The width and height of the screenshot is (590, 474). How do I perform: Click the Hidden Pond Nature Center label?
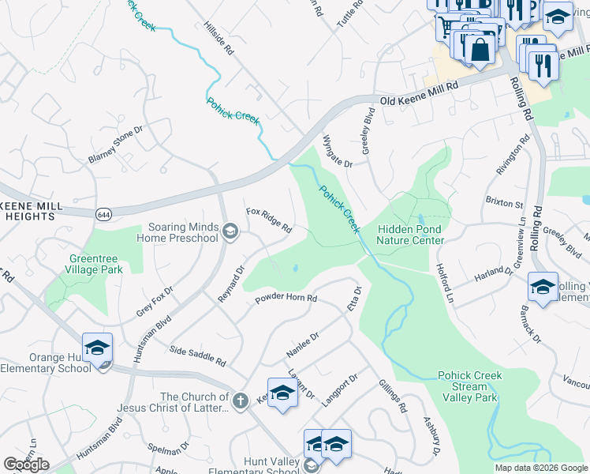[410, 234]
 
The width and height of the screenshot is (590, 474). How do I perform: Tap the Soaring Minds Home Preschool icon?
[230, 231]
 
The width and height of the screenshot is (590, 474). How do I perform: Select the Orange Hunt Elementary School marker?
[97, 348]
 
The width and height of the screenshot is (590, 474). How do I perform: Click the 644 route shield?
[103, 214]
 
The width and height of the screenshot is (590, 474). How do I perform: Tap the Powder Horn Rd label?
[286, 299]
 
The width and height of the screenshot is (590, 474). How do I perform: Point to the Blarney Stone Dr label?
[115, 145]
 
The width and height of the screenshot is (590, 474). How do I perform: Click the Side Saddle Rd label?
[198, 356]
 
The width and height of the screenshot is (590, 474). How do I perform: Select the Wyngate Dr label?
[337, 151]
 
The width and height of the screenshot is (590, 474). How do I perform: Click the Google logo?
[26, 465]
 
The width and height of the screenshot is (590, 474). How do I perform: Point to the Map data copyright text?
[541, 468]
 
